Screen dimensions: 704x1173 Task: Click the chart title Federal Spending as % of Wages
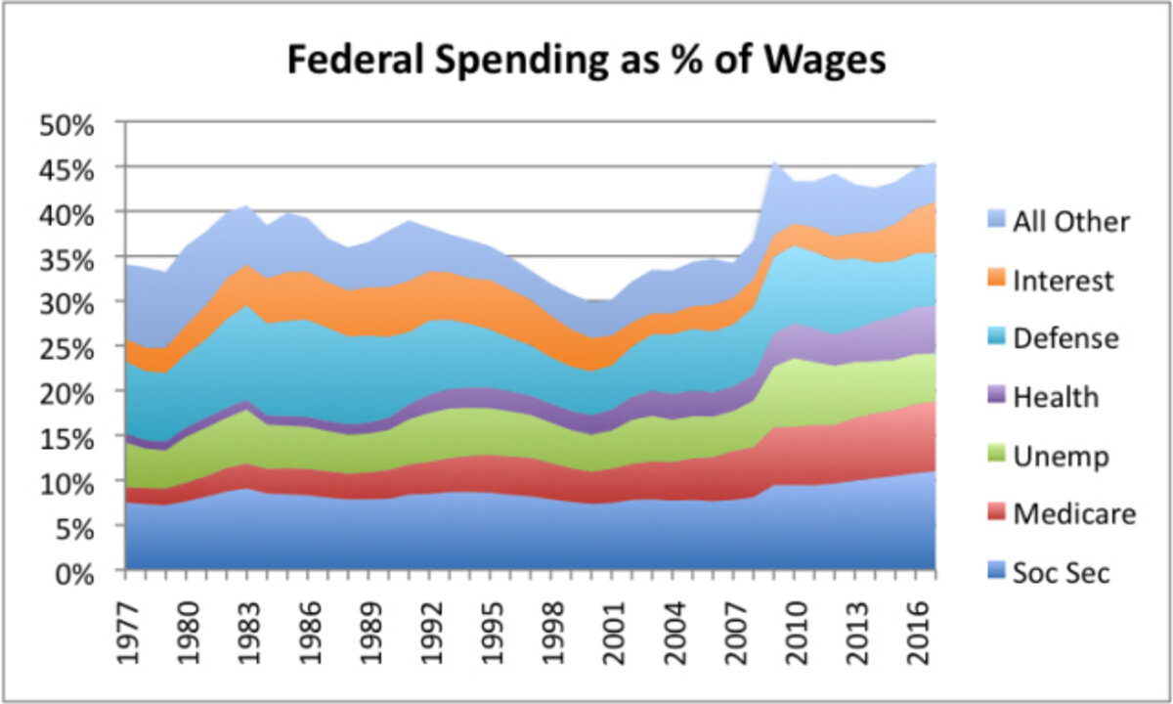point(586,61)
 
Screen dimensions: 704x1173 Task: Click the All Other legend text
point(1070,222)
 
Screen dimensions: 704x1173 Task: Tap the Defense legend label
point(1065,338)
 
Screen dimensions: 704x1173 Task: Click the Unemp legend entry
point(1061,456)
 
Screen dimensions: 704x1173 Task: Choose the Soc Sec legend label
point(1062,572)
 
